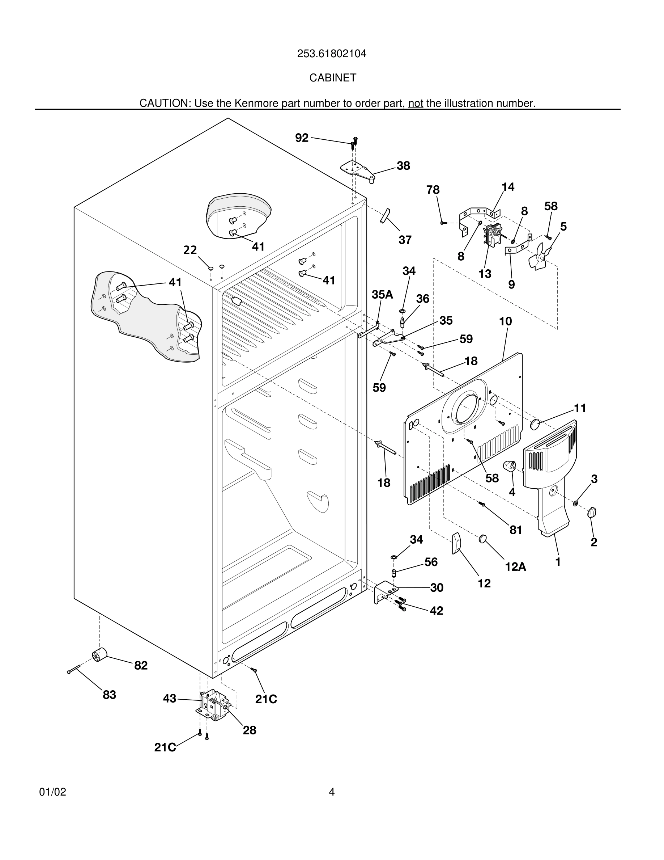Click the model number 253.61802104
332,54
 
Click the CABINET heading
332,78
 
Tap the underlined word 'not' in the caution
416,103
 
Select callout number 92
302,138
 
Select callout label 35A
382,294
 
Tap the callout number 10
506,321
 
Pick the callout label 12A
515,567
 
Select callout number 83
109,695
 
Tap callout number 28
250,730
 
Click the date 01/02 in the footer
53,792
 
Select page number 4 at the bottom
332,792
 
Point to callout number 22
190,250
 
